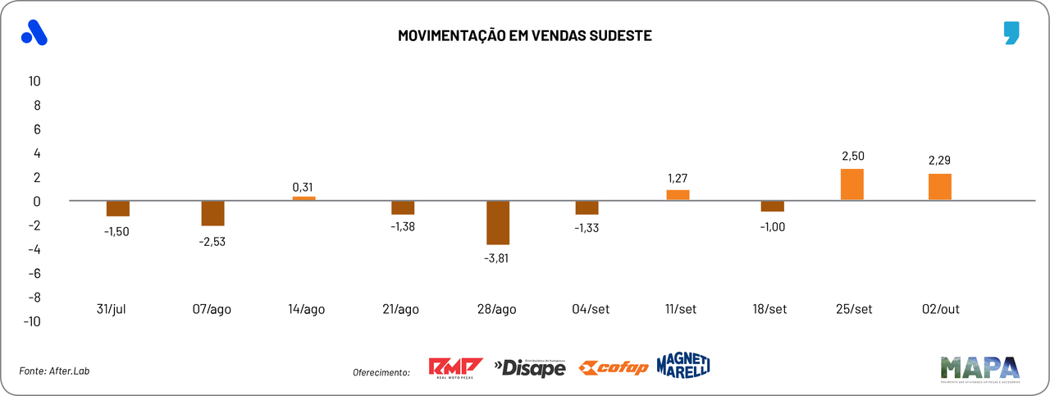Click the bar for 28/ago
coord(498,222)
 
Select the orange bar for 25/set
coord(852,184)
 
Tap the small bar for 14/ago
coord(304,198)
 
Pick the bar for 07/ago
coord(213,213)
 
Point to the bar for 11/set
coord(678,195)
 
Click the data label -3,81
coord(498,257)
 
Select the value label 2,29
coord(939,161)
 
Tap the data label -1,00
coord(772,227)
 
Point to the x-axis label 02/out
coord(940,309)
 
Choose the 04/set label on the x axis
coord(591,309)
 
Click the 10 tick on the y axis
coord(34,81)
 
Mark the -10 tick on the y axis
coord(32,321)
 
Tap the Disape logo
coord(530,368)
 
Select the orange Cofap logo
coord(614,367)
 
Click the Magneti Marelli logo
coord(682,366)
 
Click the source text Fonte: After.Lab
coord(54,371)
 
